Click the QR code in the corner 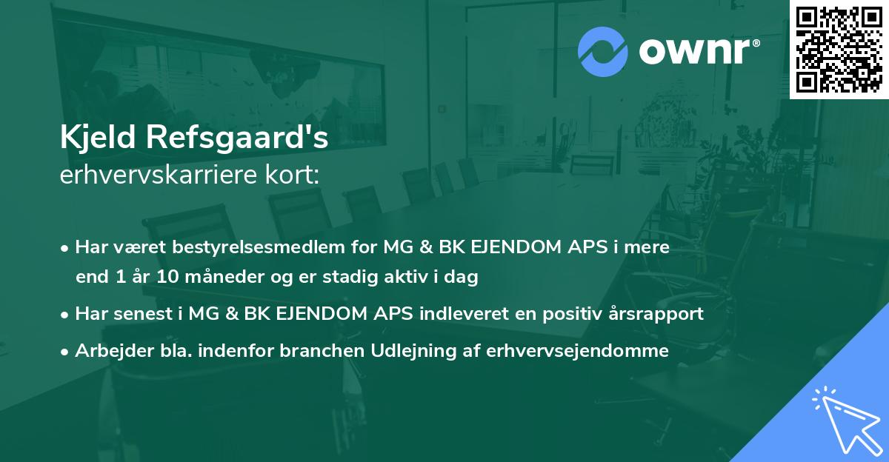[839, 50]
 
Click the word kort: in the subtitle [293, 175]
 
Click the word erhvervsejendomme [577, 351]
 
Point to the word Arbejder [107, 351]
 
